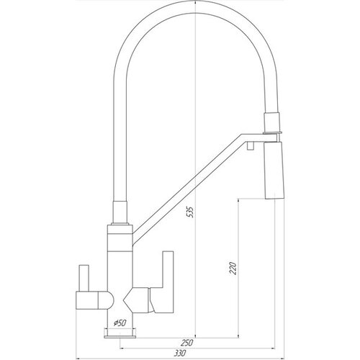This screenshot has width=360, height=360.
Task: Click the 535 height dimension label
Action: click(190, 212)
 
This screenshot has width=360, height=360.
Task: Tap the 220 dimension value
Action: click(233, 269)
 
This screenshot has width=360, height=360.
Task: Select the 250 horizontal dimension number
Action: click(186, 343)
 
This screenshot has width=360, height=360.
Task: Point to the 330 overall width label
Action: click(180, 354)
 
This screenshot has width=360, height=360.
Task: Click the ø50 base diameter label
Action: click(120, 323)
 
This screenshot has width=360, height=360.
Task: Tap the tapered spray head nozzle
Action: click(274, 171)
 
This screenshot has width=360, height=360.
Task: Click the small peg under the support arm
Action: click(251, 145)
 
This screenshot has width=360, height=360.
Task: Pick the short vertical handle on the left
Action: click(84, 278)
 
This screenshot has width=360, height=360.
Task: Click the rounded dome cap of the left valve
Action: click(106, 300)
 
